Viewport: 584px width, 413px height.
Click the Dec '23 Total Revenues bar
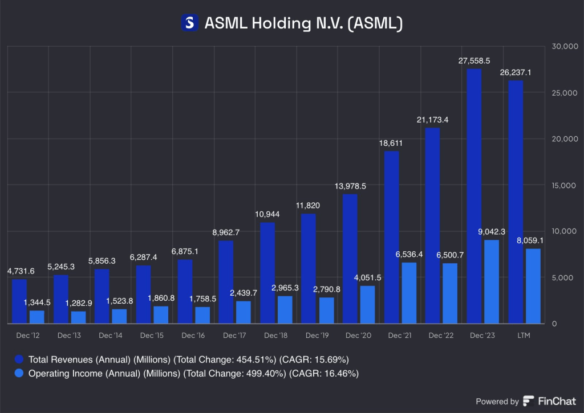pos(474,197)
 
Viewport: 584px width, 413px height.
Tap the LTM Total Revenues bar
pos(516,202)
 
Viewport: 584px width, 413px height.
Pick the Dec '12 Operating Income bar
pos(36,317)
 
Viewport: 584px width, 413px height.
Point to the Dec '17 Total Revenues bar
pos(226,282)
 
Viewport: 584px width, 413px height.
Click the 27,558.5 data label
pos(474,60)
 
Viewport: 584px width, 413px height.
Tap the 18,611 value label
pos(391,142)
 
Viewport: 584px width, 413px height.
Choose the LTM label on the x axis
pos(523,336)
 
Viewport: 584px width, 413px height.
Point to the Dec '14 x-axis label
pos(110,336)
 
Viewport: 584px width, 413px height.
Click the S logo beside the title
pos(189,23)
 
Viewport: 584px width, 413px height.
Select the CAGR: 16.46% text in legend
pos(325,373)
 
